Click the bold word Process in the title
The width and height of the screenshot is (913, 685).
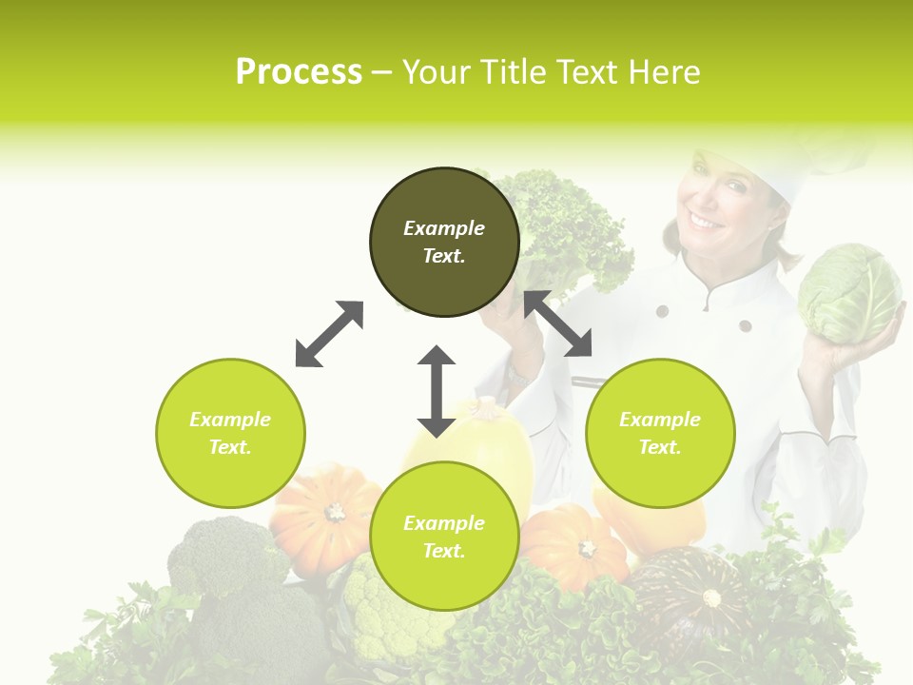(299, 71)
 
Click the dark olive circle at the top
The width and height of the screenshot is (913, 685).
(444, 243)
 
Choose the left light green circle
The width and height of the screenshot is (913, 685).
(230, 433)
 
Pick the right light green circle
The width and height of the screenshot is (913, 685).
(660, 433)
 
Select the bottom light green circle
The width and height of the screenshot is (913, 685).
(444, 537)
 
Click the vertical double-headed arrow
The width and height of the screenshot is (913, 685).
(437, 392)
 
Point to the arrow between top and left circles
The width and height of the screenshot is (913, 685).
(329, 334)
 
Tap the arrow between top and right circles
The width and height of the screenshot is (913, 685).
(558, 323)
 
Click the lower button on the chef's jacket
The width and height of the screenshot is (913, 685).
(746, 326)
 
